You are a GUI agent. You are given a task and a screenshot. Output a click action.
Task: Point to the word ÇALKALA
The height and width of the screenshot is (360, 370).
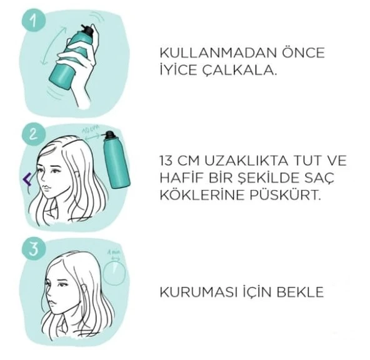[243, 70]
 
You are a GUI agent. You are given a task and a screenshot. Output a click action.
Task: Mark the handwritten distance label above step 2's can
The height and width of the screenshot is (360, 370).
[91, 129]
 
